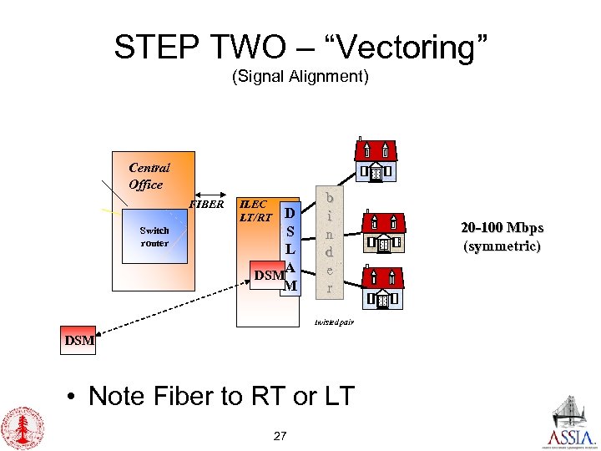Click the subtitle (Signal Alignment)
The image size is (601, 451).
[x=300, y=78]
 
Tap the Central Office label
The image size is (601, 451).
[x=149, y=176]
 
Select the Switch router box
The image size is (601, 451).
[x=154, y=236]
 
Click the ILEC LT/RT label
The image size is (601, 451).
[x=254, y=210]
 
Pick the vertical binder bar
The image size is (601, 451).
[x=330, y=243]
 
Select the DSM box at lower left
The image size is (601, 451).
[x=80, y=341]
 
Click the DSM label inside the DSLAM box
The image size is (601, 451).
[x=268, y=275]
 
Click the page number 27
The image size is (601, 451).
[x=280, y=435]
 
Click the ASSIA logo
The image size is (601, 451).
[x=572, y=423]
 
